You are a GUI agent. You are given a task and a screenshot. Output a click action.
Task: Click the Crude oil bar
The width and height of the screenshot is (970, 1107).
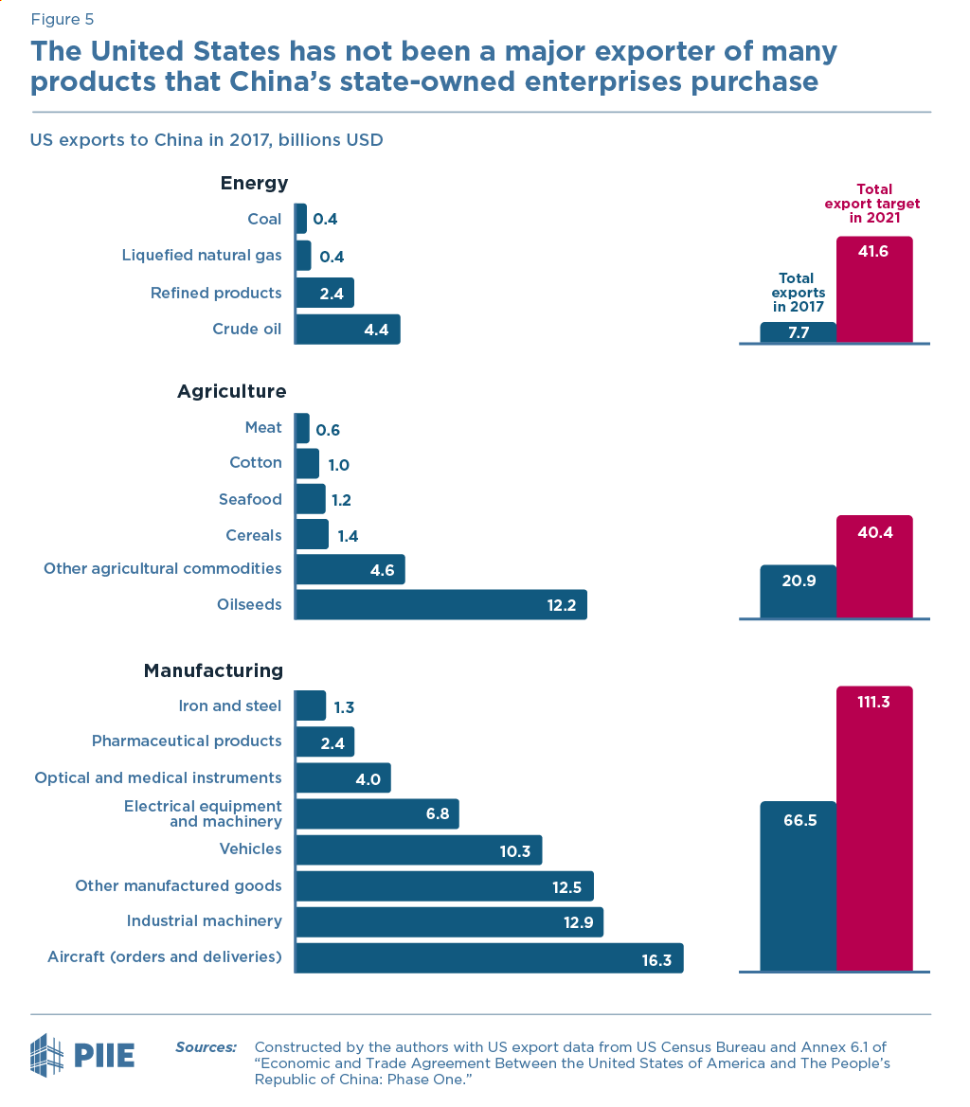click(x=347, y=330)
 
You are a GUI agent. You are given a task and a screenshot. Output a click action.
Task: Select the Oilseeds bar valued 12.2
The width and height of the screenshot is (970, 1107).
click(x=440, y=604)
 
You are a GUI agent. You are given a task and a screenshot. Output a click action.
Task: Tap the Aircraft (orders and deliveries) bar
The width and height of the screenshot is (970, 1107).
click(x=489, y=957)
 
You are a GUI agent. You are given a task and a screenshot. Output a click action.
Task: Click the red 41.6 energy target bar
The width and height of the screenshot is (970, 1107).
click(x=874, y=289)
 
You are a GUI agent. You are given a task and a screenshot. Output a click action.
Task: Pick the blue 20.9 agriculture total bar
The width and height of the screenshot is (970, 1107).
click(x=798, y=592)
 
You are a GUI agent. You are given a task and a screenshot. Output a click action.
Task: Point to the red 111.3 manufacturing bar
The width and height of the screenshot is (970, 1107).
click(x=874, y=829)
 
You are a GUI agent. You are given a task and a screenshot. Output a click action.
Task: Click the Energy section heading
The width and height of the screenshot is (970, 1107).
click(x=254, y=183)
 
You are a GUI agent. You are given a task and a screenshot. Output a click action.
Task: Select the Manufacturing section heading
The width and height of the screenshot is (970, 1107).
click(x=213, y=670)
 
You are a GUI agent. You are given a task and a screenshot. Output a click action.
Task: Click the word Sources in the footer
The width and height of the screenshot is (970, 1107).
click(x=206, y=1047)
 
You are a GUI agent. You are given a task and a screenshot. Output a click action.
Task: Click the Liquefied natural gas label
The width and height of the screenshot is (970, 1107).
click(x=202, y=256)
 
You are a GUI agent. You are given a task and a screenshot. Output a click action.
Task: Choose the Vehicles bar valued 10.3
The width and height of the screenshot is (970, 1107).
click(x=418, y=850)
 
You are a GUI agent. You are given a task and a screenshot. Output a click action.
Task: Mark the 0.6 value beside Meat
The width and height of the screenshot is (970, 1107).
click(x=328, y=430)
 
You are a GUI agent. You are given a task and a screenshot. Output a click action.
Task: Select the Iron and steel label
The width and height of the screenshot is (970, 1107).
click(x=229, y=705)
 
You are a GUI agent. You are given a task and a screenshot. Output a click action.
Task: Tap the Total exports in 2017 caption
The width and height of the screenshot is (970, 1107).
click(x=797, y=293)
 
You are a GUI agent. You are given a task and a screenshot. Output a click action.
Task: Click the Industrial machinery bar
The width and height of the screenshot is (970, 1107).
click(x=449, y=921)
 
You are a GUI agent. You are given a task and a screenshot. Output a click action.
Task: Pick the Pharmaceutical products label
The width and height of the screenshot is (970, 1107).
click(x=187, y=741)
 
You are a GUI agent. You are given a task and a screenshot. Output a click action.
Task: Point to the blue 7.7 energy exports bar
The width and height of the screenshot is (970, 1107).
click(x=798, y=332)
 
